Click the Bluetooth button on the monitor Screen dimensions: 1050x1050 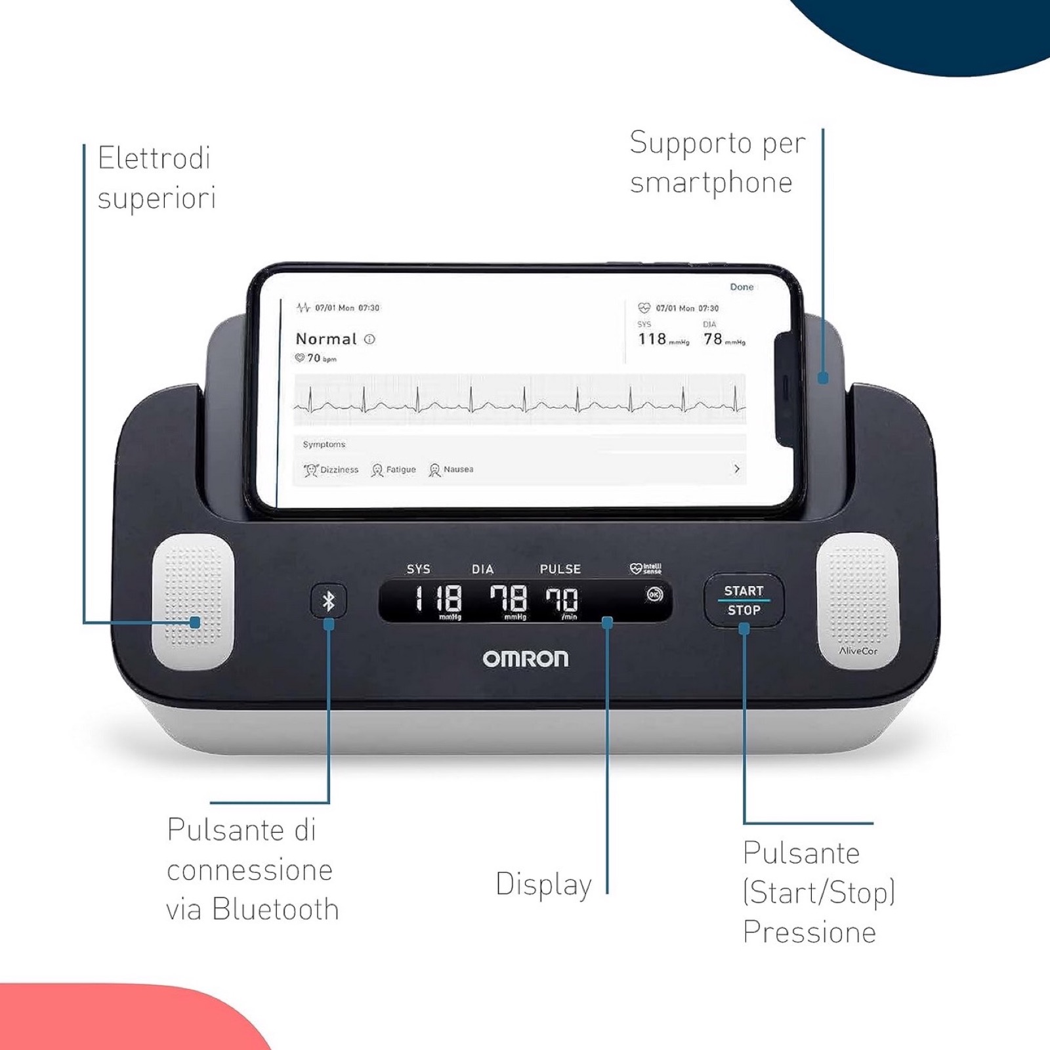329,600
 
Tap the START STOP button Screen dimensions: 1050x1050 744,600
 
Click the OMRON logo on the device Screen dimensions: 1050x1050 526,659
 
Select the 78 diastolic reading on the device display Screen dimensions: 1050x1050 509,599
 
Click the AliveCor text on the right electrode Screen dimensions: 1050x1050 858,651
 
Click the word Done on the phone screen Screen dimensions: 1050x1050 742,287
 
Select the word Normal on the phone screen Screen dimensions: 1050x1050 326,339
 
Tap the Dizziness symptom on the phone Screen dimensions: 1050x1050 331,470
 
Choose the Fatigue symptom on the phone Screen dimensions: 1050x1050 394,470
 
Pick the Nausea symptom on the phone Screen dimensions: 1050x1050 451,470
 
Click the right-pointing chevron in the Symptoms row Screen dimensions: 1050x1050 737,469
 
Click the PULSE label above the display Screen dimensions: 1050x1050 560,569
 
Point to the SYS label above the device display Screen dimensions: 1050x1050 418,569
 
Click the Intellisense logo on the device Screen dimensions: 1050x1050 646,568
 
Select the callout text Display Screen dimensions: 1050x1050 543,885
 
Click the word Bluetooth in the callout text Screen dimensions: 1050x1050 276,910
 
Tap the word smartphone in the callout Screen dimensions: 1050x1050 711,183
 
